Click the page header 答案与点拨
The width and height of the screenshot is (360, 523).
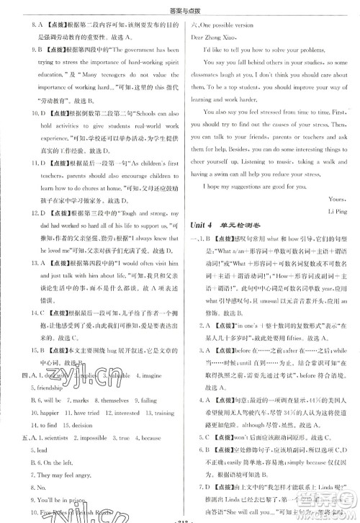pyautogui.click(x=179, y=6)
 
